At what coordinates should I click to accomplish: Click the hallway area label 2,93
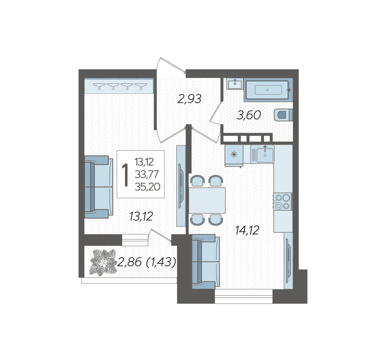tap(189, 99)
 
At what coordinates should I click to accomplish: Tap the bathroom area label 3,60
tap(249, 115)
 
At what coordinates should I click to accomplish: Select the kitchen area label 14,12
tap(247, 230)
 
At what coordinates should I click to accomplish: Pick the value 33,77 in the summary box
tap(147, 174)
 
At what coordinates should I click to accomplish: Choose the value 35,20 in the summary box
tap(147, 187)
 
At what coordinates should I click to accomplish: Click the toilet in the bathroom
tap(283, 115)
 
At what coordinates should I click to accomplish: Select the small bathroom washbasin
tap(235, 84)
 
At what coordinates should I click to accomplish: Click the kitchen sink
tap(263, 154)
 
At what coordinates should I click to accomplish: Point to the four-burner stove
tap(283, 202)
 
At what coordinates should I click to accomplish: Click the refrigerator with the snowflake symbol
tap(234, 155)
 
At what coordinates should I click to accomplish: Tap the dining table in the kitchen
tap(207, 200)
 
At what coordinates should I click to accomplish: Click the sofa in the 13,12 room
tap(99, 187)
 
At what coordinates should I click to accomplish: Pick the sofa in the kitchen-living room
tap(206, 261)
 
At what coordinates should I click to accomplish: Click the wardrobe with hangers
tap(119, 86)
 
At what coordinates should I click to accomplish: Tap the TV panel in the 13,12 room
tap(181, 186)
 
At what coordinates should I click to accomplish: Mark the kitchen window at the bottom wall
tap(244, 296)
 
